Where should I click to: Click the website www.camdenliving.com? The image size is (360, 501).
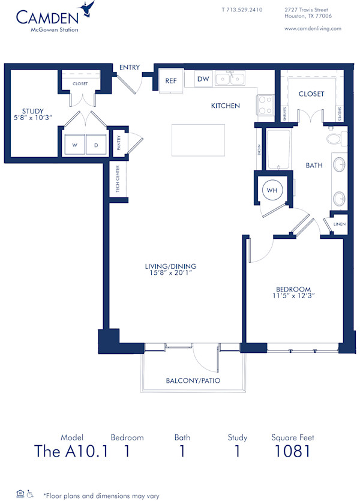point(312,28)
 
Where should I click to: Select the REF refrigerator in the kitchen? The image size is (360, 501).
point(170,80)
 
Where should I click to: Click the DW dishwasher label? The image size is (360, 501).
point(203,79)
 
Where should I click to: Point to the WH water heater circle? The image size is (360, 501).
point(272,190)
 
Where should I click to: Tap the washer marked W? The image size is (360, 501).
point(76,145)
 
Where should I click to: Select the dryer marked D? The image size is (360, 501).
point(95,145)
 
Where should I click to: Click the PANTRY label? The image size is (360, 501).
point(119,143)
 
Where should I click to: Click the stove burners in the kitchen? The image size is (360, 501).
point(265,106)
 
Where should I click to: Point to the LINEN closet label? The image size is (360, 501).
point(339,224)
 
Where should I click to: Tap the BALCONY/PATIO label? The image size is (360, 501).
point(193,380)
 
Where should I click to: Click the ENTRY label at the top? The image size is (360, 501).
point(130,67)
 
